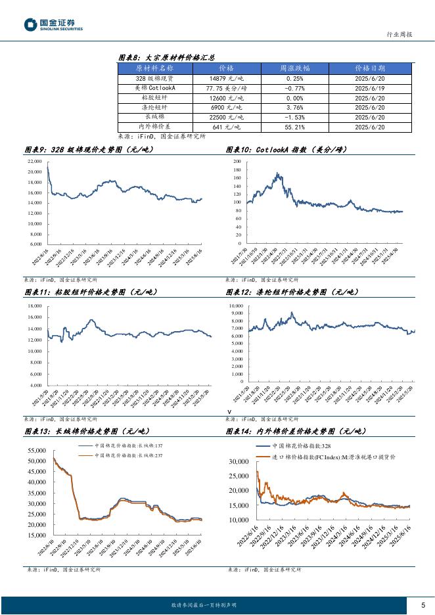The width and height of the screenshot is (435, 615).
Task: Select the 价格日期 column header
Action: point(369,68)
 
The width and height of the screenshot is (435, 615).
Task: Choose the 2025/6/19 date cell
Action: point(369,88)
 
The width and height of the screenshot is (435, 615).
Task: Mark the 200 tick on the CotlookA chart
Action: point(237,161)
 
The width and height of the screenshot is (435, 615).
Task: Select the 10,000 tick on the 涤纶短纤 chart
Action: point(235,306)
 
